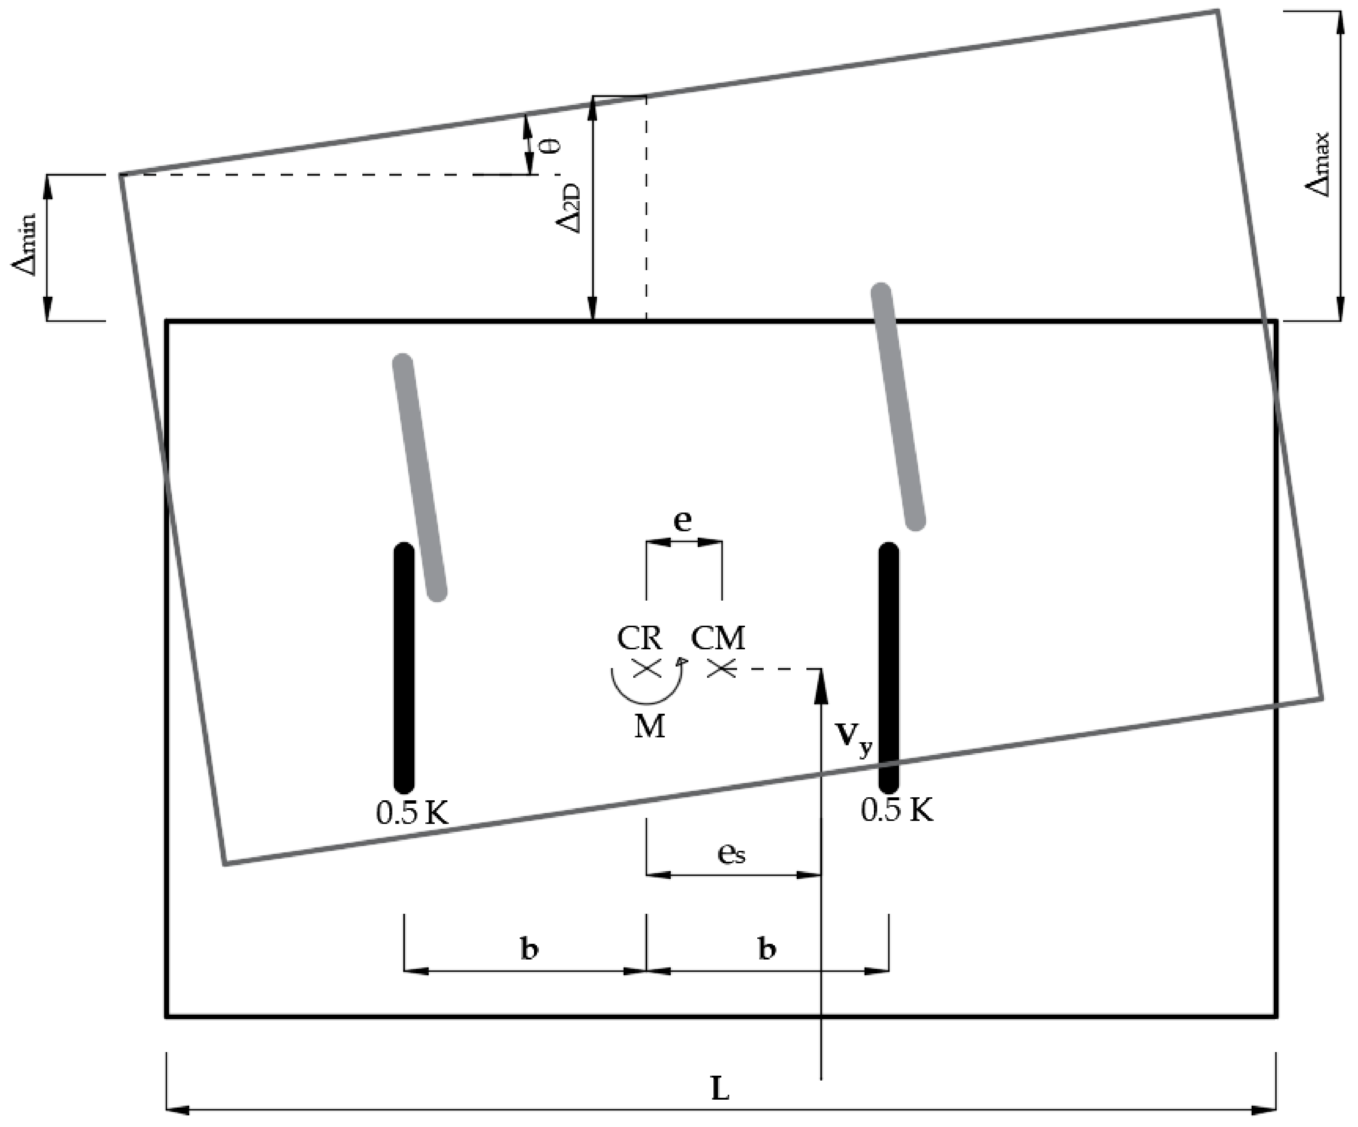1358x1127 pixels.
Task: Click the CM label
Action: coord(718,638)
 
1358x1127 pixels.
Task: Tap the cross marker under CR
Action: coord(647,668)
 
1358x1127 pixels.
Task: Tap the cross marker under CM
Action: coord(721,668)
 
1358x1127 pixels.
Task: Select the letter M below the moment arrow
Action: coord(649,727)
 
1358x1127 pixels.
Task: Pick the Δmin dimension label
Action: coord(25,246)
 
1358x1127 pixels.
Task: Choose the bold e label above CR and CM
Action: coord(682,520)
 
